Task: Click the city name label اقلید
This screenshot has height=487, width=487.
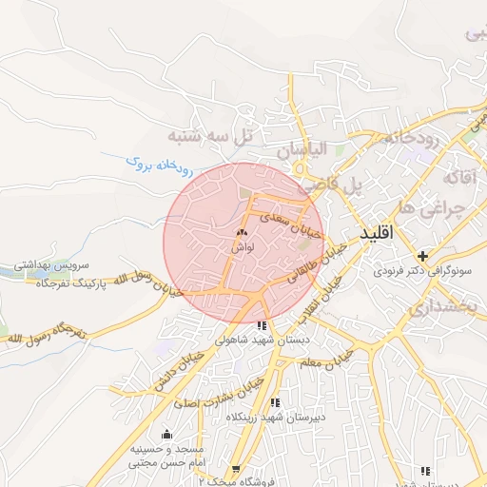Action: coord(380,233)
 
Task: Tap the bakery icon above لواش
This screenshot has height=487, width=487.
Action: coord(241,232)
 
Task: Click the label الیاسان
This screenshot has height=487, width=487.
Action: coord(302,149)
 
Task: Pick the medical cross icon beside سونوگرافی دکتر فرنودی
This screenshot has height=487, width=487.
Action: coord(423,255)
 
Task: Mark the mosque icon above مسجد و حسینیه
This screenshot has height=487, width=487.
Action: coord(168,435)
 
